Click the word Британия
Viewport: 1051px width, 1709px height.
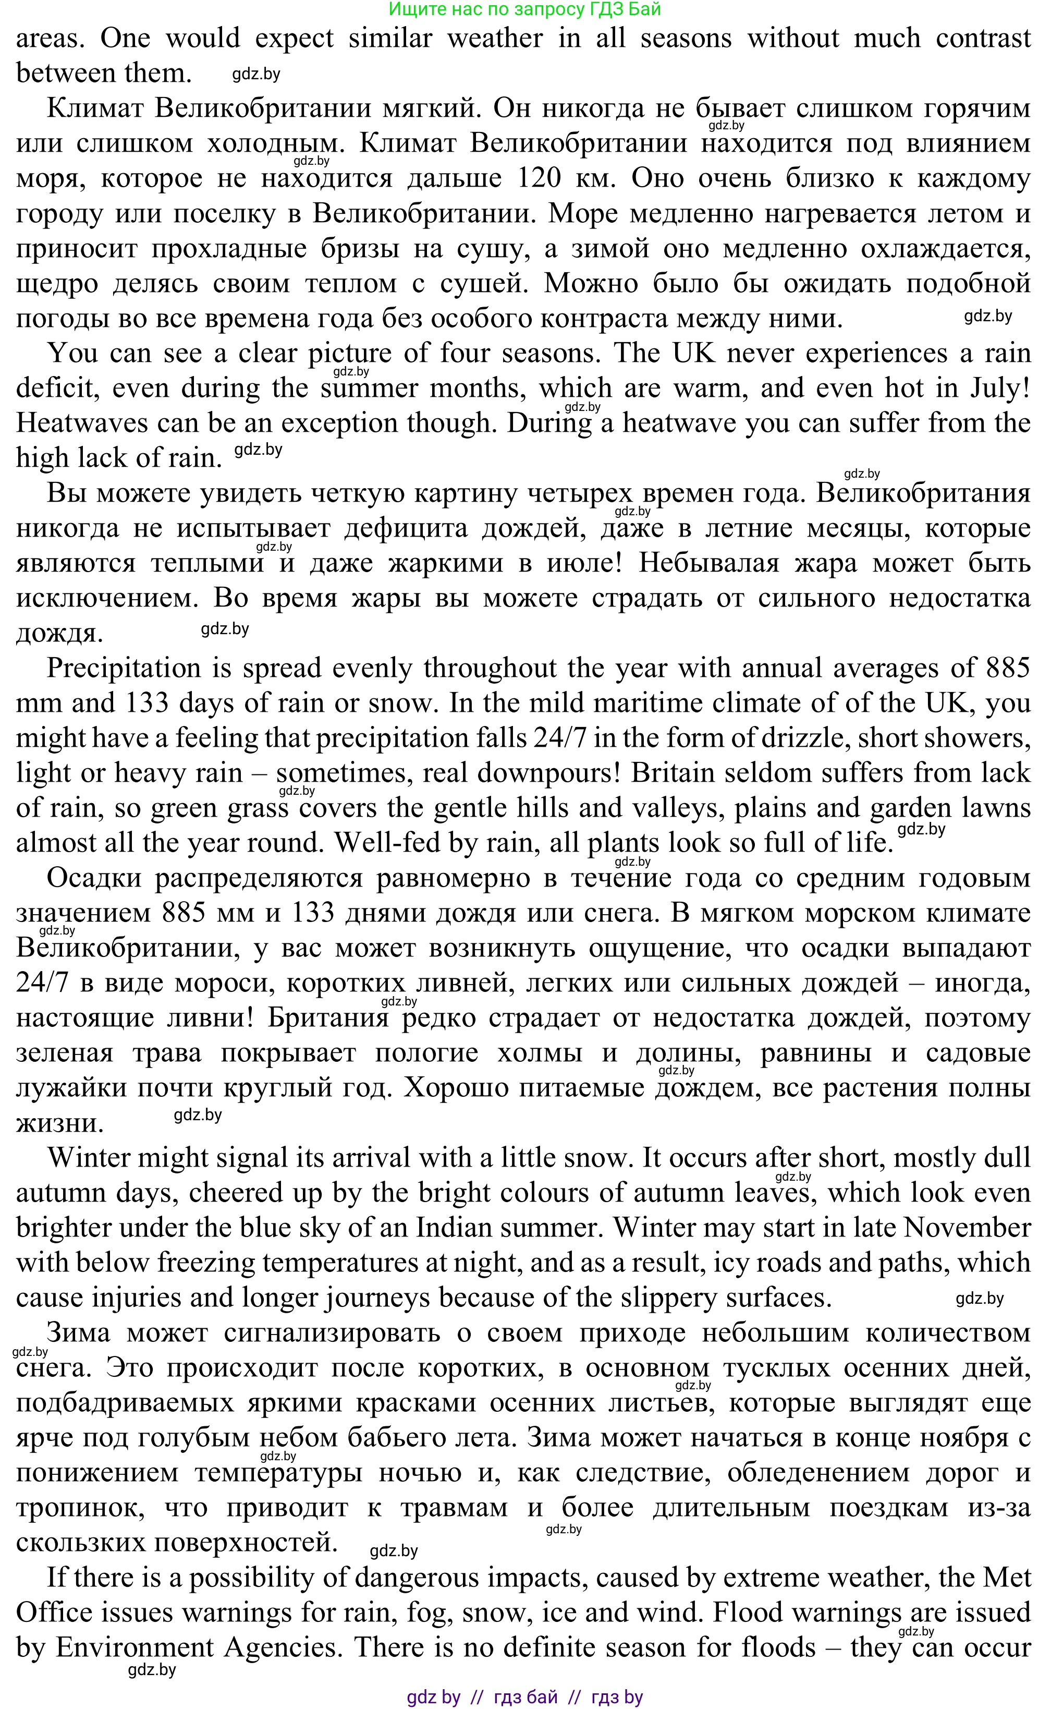pyautogui.click(x=327, y=1018)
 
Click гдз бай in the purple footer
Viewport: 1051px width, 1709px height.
pyautogui.click(x=525, y=1697)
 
